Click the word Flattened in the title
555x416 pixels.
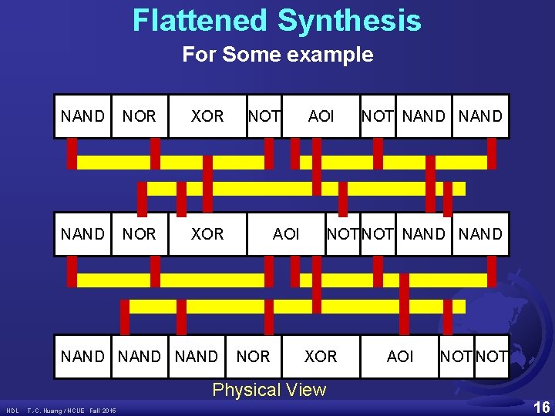(x=200, y=21)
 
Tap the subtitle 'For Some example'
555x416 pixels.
(x=277, y=55)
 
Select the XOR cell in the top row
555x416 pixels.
(x=207, y=116)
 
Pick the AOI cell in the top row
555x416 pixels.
(x=321, y=116)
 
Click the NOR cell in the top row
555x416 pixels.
(x=140, y=116)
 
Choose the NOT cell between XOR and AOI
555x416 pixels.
(x=264, y=116)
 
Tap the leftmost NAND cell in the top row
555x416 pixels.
(x=82, y=116)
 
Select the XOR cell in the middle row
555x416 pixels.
(x=207, y=233)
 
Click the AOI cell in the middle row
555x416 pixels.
(x=286, y=233)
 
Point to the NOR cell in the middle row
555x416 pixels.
(x=140, y=233)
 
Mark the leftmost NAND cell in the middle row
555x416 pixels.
(x=82, y=233)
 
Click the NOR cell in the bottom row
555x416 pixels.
(x=254, y=357)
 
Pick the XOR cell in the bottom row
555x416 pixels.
(x=321, y=357)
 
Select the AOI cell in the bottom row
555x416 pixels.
(x=400, y=357)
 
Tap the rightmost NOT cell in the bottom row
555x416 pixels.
(x=493, y=357)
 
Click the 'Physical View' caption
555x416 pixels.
(x=269, y=390)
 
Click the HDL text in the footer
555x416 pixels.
(x=13, y=410)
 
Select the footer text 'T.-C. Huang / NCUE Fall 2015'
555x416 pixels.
(x=72, y=410)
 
